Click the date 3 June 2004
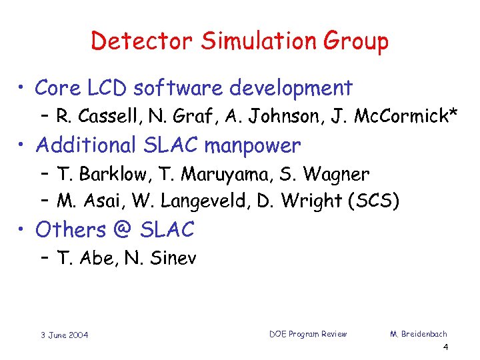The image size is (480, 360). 65,334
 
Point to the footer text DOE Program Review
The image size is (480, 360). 307,333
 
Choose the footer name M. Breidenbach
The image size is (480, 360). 419,333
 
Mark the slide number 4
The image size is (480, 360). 445,348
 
